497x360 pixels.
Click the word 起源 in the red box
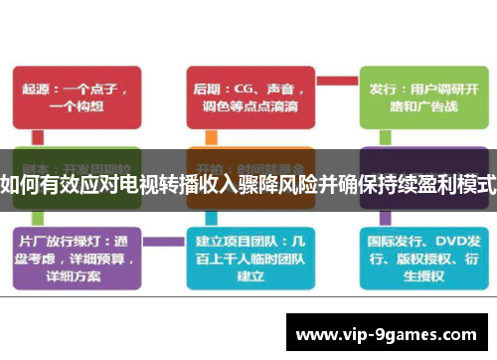click(38, 86)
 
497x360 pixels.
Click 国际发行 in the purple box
click(392, 240)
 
